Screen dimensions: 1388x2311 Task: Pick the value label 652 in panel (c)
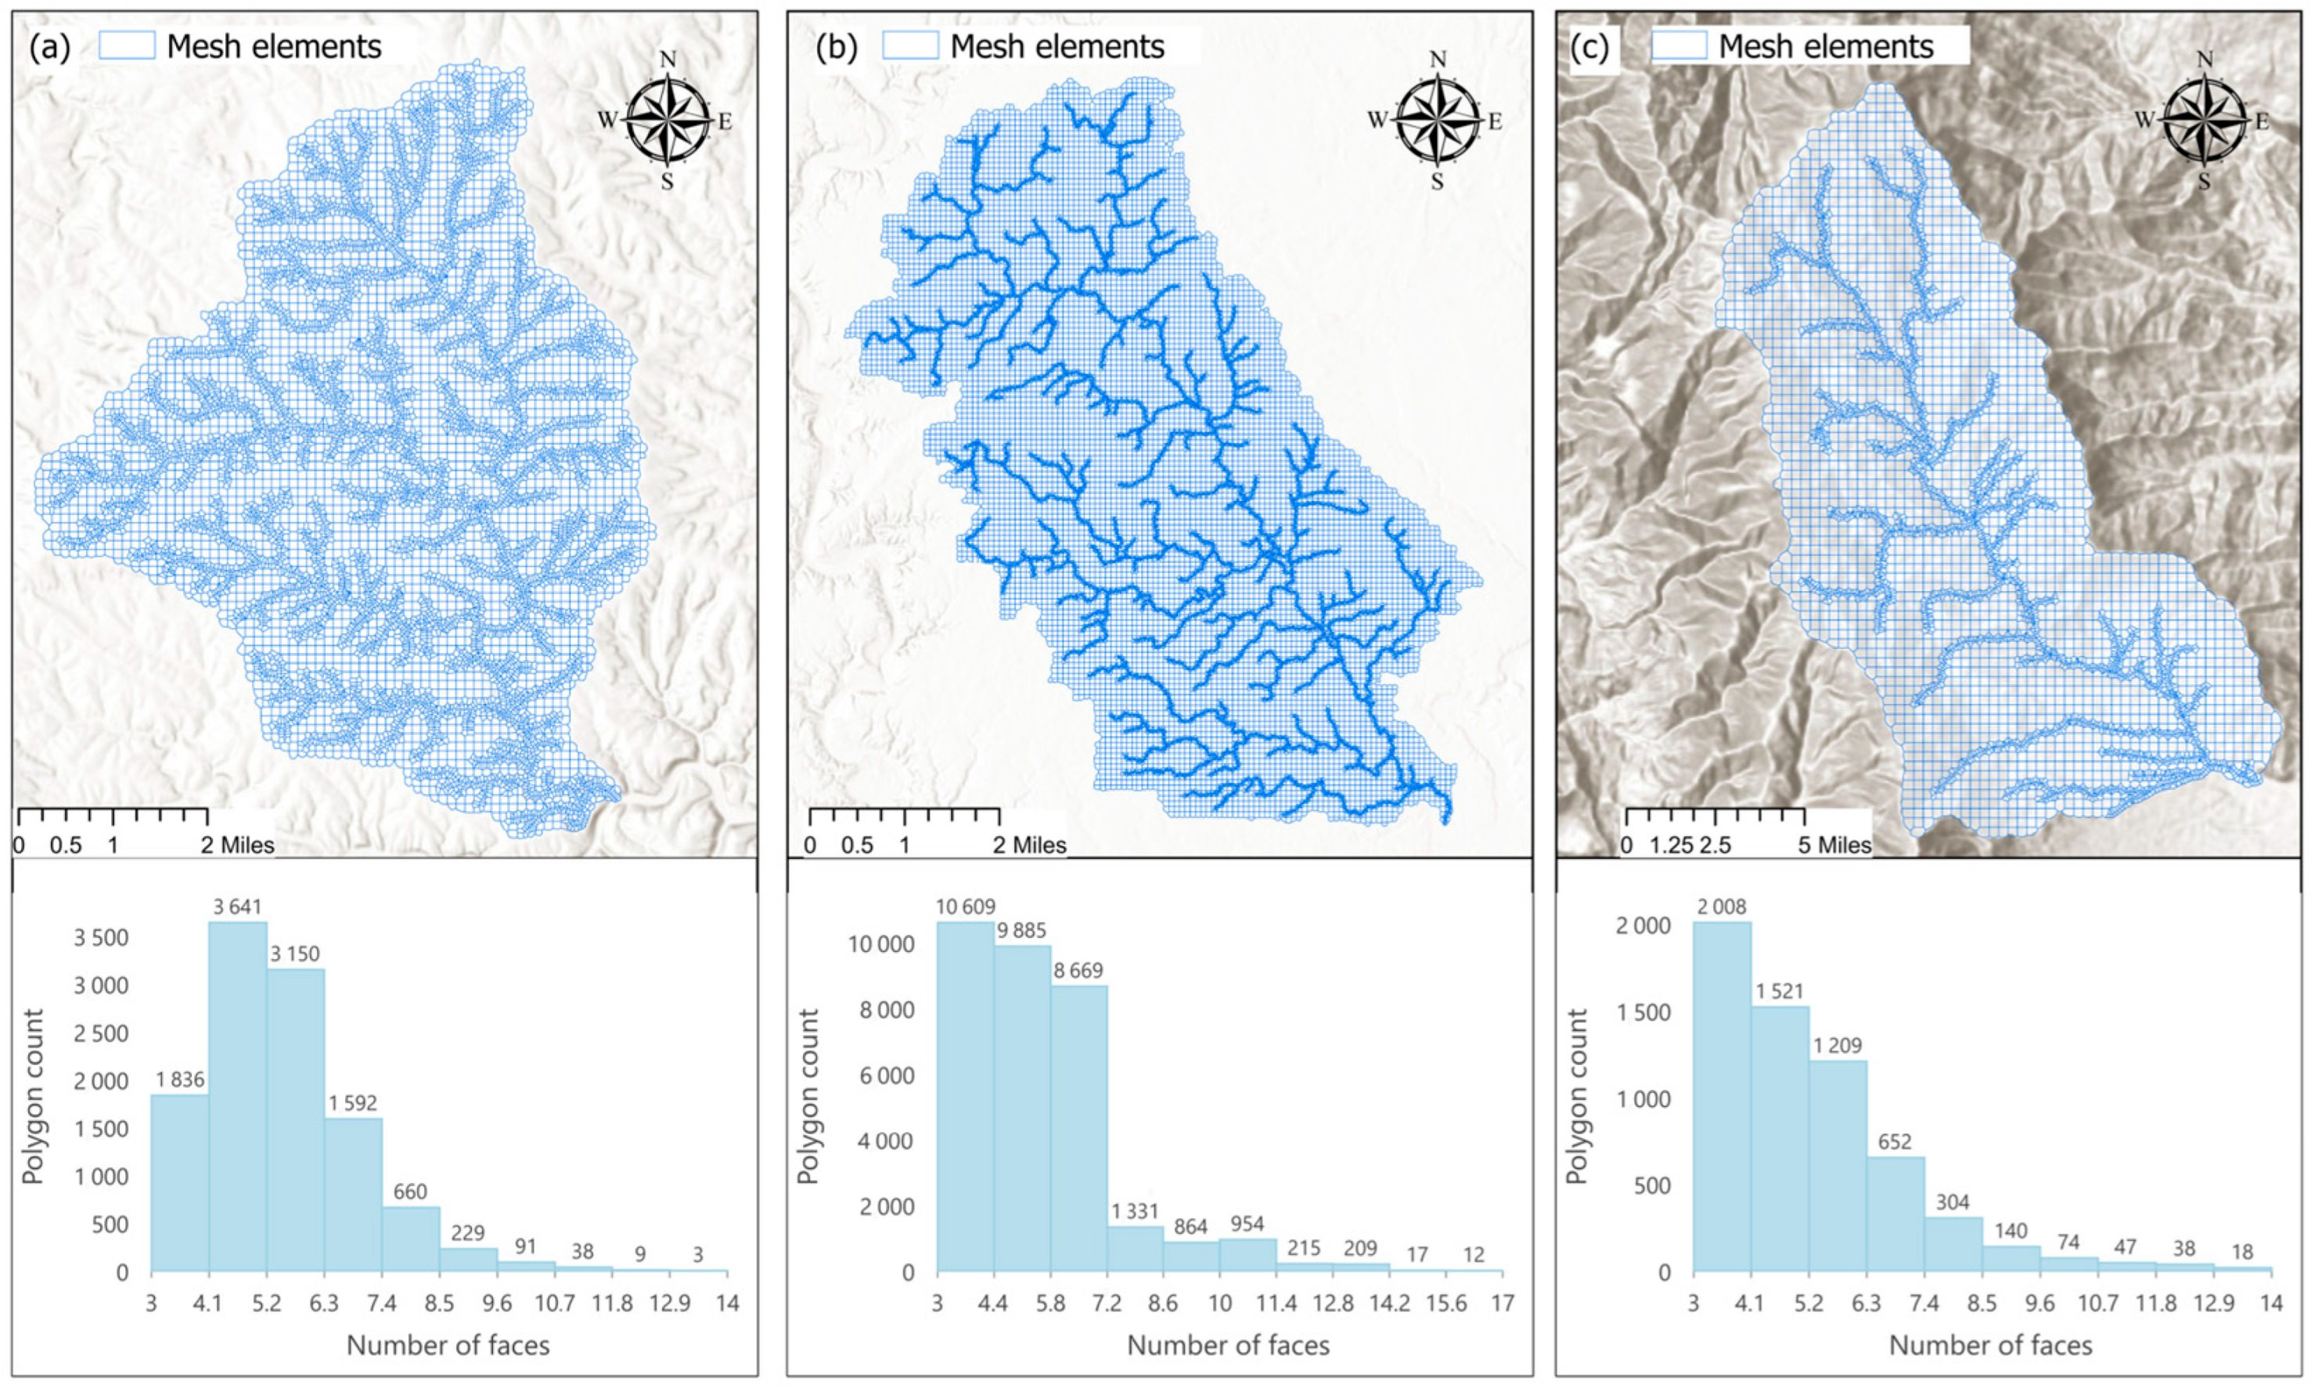click(1895, 1142)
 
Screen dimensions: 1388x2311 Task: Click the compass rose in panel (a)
click(667, 120)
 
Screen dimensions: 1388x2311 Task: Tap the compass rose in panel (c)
click(2204, 120)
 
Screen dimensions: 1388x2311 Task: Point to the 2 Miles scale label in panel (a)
click(237, 845)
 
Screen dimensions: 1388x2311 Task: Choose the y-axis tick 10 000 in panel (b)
click(880, 945)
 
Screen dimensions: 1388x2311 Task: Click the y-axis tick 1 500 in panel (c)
click(1643, 1013)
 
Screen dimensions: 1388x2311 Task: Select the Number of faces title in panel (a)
click(448, 1345)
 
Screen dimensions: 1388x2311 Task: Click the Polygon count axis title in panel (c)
click(1578, 1096)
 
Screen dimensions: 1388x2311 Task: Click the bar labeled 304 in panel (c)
click(1953, 1244)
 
